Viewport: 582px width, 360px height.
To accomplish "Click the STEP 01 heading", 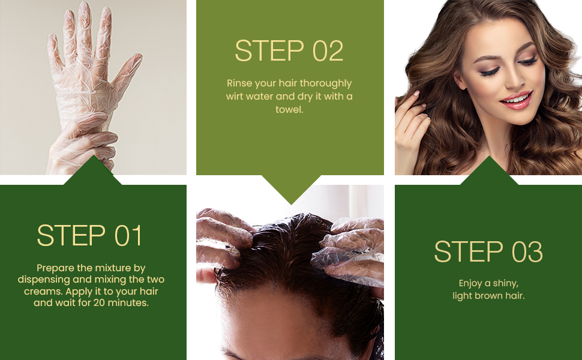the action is tap(89, 235).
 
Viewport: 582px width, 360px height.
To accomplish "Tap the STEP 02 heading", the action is tap(289, 50).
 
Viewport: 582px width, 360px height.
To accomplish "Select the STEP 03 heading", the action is tap(488, 251).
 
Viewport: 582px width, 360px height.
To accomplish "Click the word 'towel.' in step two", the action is tap(290, 109).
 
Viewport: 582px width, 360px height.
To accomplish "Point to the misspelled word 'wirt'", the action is tap(235, 97).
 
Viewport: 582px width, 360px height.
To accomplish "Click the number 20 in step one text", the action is tap(99, 303).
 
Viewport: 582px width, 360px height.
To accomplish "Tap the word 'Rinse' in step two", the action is tap(239, 83).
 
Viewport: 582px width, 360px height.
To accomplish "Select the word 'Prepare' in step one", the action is tap(52, 268).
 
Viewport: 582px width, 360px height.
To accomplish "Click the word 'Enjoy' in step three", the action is tap(470, 284).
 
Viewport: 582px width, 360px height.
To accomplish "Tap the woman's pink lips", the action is tap(517, 100).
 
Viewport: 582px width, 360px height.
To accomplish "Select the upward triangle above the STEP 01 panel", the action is tap(93, 171).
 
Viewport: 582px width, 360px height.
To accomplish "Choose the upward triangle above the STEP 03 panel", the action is tap(489, 171).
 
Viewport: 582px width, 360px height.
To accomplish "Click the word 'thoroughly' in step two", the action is tap(326, 83).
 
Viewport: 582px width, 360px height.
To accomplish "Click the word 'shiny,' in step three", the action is tap(506, 284).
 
